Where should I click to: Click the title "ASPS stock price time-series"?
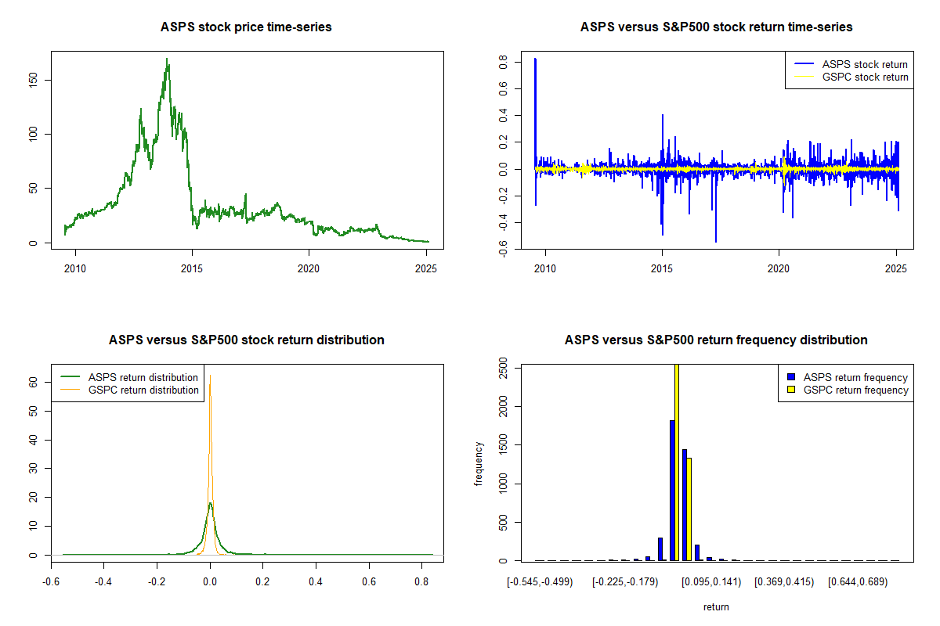tap(246, 27)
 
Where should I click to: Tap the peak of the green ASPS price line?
tap(167, 59)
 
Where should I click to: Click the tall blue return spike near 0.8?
tap(535, 59)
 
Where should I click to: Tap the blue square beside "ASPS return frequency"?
tap(792, 378)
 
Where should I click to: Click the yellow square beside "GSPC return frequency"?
tap(792, 390)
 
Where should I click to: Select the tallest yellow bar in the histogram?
tap(676, 462)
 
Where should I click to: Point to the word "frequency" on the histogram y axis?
tap(479, 464)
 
